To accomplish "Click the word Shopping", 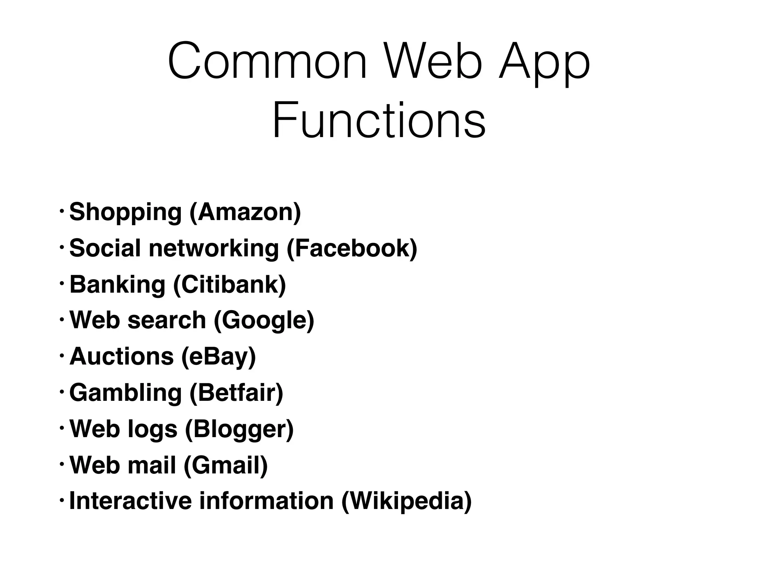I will point(125,213).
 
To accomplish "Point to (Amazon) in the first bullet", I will point(245,212).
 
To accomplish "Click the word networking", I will point(214,248).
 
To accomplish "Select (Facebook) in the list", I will point(352,248).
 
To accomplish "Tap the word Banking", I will point(117,284).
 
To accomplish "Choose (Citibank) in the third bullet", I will point(230,284).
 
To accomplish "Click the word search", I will point(166,320).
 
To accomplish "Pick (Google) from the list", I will point(264,321).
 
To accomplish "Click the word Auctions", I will point(122,356).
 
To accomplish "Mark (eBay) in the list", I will point(219,357).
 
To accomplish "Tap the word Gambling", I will point(125,393).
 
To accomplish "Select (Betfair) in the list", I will point(236,392).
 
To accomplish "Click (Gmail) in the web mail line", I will point(225,465).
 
